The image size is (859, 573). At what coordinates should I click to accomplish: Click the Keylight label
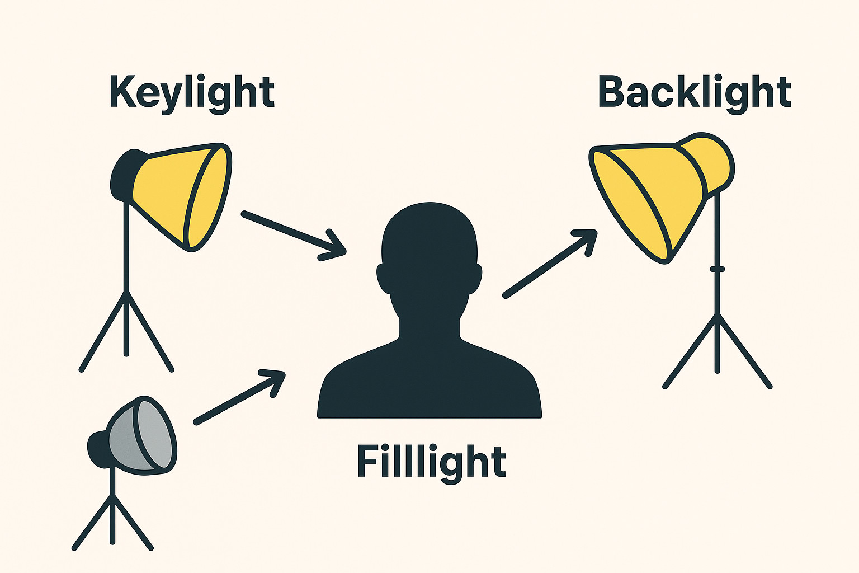tap(192, 92)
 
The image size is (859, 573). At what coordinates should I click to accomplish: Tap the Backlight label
tap(694, 92)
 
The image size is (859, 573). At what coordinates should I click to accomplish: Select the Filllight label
tap(431, 461)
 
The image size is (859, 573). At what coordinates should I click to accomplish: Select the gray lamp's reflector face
tap(152, 434)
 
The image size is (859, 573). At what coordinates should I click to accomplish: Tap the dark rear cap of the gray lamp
tap(97, 448)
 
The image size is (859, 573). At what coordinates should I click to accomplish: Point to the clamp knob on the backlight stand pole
tap(718, 269)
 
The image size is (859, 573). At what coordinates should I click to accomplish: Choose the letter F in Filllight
tap(368, 461)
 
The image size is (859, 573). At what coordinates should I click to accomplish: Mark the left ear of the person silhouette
tap(384, 279)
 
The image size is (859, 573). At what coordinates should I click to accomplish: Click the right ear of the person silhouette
tap(475, 279)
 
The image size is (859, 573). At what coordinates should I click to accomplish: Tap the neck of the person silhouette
tap(429, 325)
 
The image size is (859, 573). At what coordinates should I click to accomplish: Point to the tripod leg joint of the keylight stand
tap(126, 292)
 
